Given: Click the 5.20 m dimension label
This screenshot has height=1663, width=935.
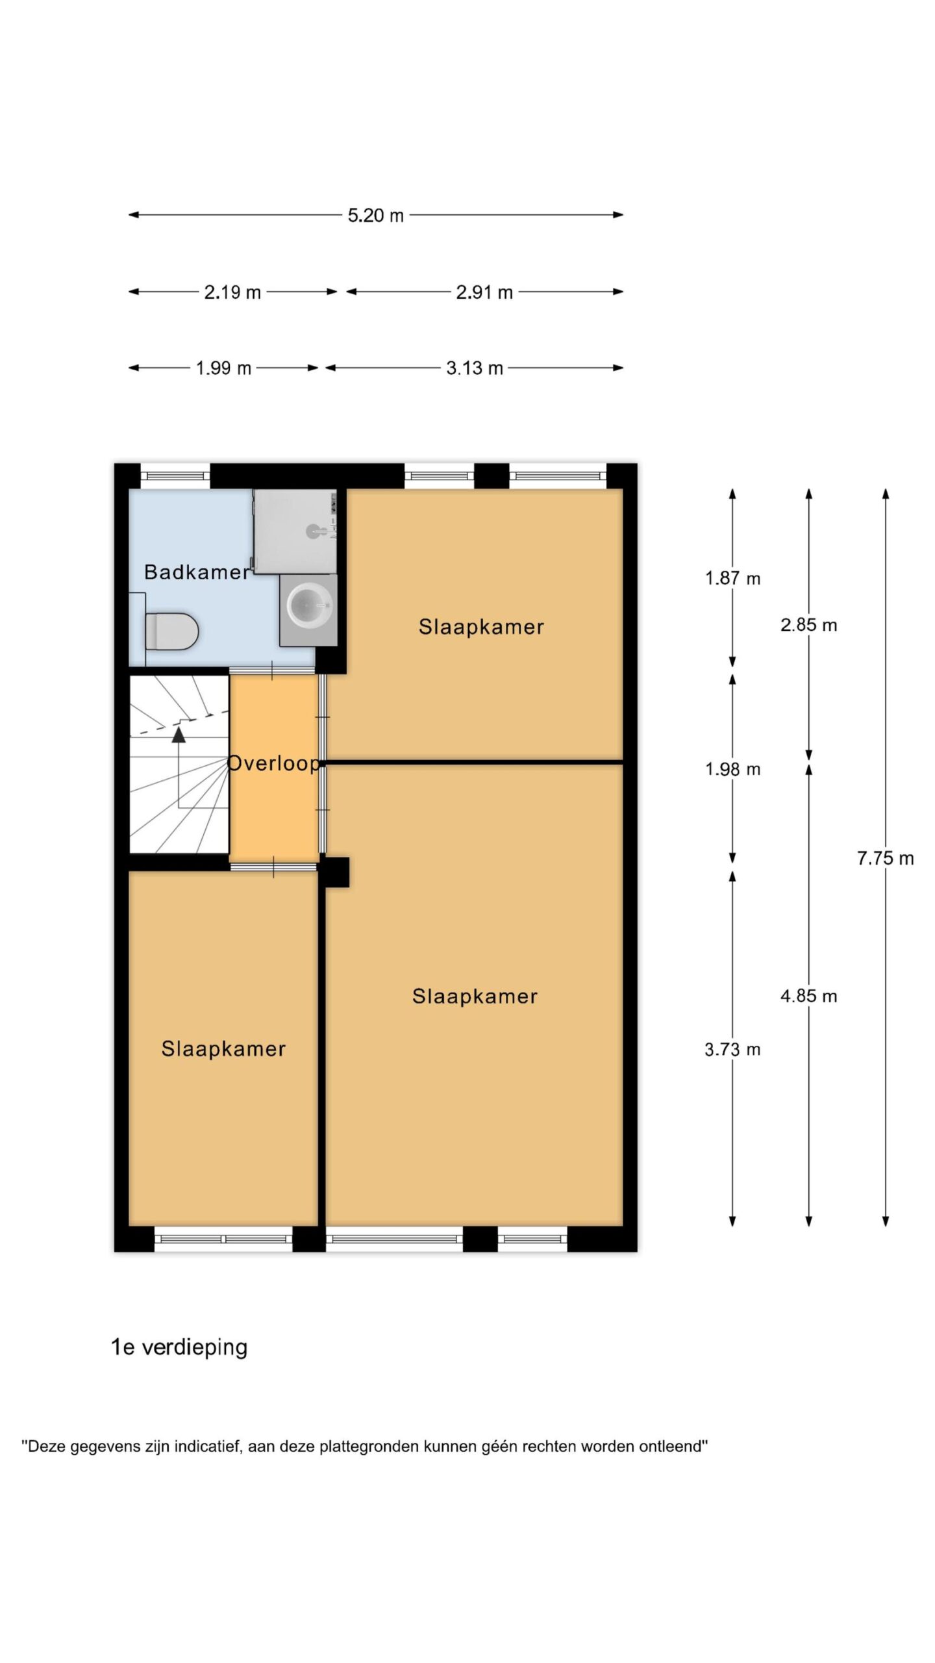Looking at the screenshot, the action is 375,215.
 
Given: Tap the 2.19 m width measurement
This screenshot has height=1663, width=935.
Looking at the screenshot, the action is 232,292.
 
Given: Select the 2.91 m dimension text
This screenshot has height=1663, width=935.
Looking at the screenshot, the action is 484,292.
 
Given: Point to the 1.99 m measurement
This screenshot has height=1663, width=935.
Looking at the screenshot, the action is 223,368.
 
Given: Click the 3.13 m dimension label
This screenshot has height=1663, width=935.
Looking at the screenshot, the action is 475,368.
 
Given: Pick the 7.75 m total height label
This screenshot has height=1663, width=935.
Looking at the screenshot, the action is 885,858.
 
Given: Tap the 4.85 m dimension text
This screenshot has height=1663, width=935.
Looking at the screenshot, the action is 808,996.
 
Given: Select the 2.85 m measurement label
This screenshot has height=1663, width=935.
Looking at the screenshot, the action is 808,625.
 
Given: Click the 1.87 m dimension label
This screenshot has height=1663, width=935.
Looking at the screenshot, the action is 732,578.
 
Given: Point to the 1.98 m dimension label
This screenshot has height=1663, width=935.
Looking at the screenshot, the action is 732,769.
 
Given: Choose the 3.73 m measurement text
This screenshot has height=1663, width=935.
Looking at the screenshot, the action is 732,1049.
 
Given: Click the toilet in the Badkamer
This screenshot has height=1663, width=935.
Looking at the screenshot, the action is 171,631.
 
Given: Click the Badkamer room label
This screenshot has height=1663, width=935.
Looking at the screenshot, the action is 197,572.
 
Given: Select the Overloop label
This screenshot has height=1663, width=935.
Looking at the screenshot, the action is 273,763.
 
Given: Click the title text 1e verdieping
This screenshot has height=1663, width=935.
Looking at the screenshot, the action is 179,1347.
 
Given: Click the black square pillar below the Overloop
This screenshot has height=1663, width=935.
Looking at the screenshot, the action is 334,872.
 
